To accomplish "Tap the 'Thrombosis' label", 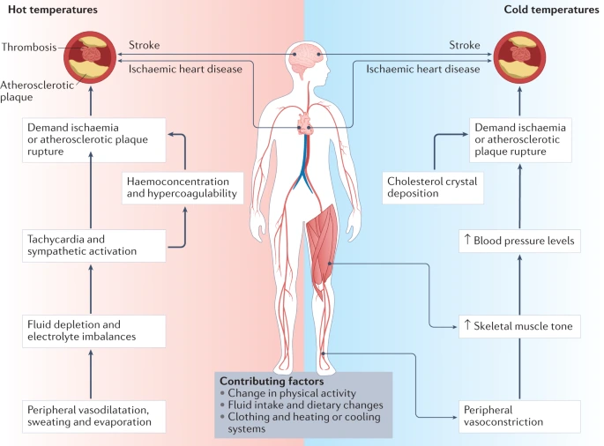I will click(x=29, y=47).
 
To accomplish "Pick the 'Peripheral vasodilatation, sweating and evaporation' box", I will click(x=93, y=415).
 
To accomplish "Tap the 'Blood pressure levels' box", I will click(x=525, y=240).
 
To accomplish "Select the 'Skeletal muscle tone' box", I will click(x=525, y=325).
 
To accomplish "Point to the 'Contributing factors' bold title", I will click(x=264, y=381).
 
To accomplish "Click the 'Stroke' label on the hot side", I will click(x=145, y=45).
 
